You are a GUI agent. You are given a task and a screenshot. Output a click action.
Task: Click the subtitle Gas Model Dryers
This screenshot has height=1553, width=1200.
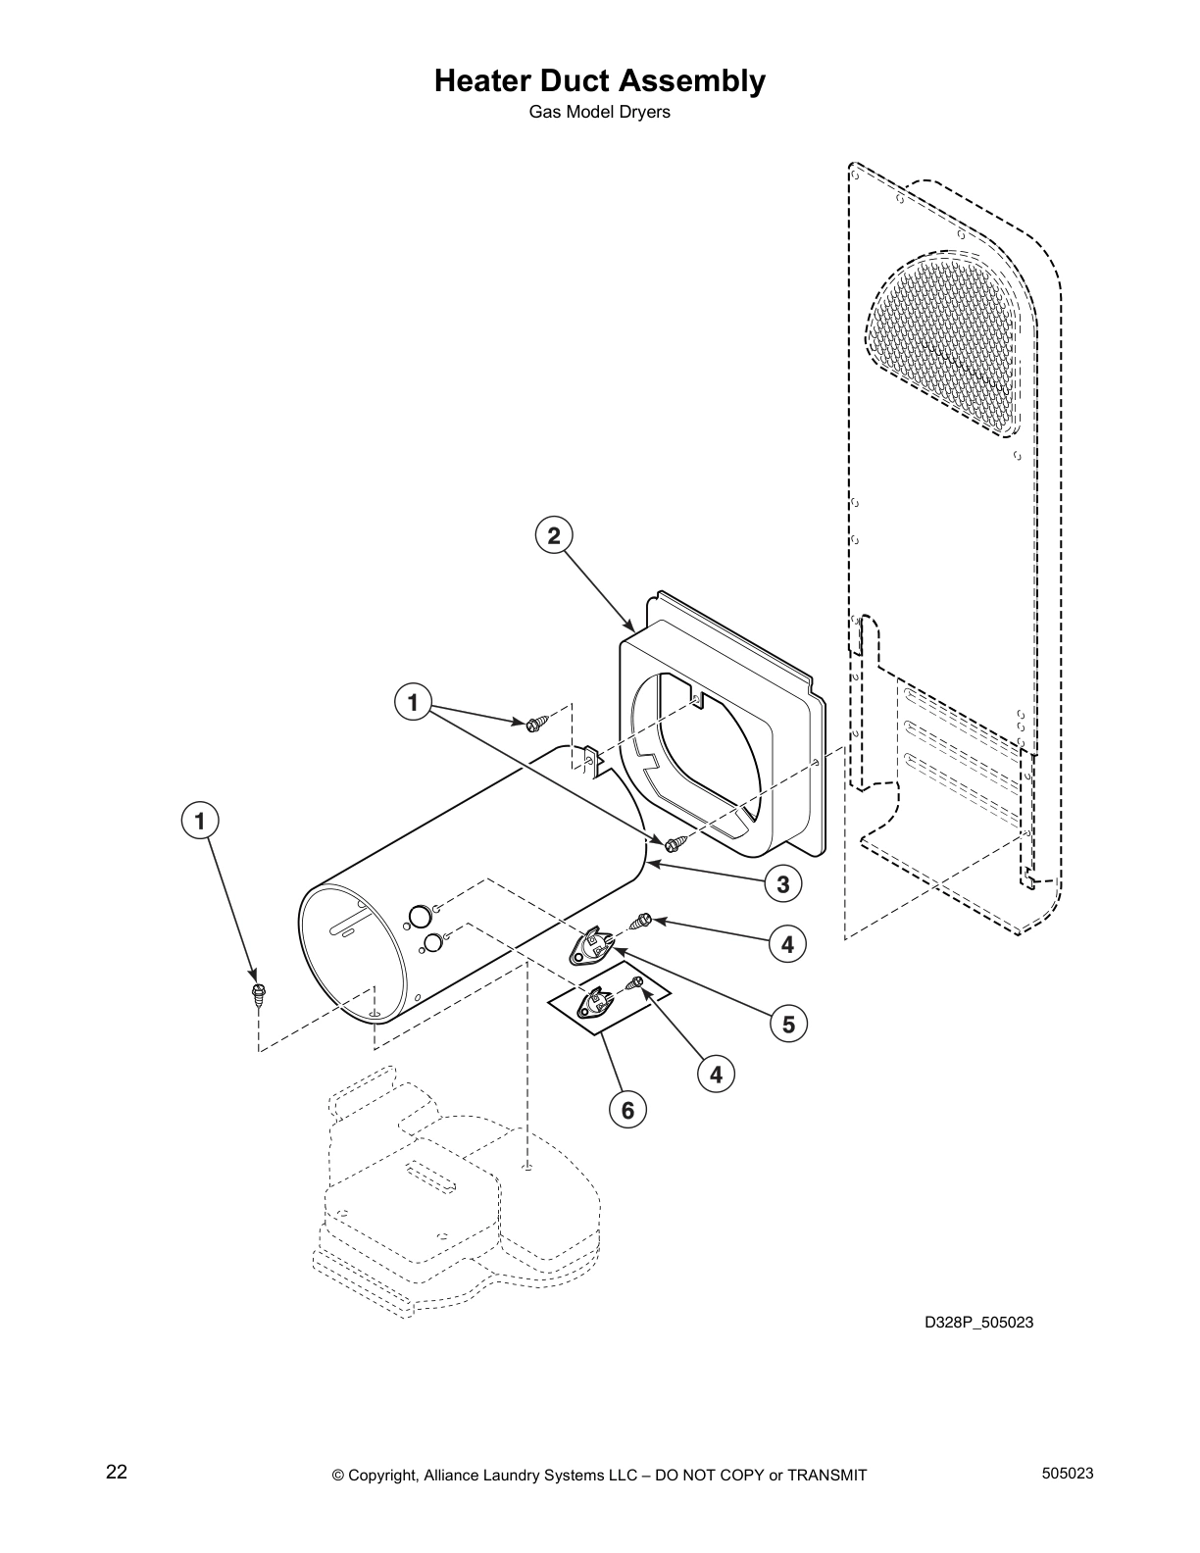coord(599,112)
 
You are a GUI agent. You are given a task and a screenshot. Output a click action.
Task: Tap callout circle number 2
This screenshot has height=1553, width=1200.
coord(554,535)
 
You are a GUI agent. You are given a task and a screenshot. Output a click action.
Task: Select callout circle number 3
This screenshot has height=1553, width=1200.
coord(782,884)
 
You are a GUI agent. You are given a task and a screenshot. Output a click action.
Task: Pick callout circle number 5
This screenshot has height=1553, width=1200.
coord(788,1025)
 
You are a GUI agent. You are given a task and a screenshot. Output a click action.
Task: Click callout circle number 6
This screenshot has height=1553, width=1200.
coord(627,1110)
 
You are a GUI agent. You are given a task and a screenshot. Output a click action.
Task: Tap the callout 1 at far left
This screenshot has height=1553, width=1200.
coord(200,820)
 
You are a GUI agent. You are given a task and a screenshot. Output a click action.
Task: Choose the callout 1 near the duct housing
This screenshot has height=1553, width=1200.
coord(413,702)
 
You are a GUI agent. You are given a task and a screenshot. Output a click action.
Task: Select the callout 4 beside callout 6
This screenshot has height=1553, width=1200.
coord(716,1075)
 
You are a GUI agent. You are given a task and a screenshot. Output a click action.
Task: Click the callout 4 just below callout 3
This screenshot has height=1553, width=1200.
coord(787,944)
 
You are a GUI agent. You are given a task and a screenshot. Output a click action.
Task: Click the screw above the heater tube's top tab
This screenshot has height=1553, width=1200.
coord(536,724)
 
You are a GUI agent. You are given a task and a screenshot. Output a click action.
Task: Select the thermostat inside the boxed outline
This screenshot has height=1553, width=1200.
coord(594,1003)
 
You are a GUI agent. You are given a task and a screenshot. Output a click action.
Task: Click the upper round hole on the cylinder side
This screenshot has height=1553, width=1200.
coord(418,916)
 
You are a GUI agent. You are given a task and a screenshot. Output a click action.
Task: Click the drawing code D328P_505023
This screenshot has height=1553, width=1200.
coord(978,1322)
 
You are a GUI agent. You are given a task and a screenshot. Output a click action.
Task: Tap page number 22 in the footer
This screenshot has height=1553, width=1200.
coord(117,1472)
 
